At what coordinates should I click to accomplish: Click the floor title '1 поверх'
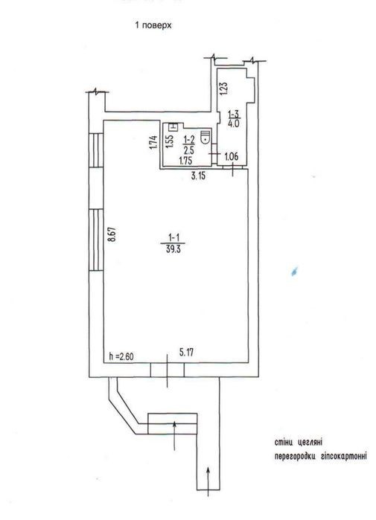[153, 25]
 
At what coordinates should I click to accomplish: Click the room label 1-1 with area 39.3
[174, 243]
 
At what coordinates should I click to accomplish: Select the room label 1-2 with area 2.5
[189, 144]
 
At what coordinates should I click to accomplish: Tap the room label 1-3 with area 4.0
[234, 119]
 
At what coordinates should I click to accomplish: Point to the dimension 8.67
[113, 235]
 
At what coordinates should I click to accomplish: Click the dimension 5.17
[186, 352]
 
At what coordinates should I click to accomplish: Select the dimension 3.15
[198, 176]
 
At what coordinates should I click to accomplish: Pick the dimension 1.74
[153, 142]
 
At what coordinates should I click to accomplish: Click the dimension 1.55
[169, 141]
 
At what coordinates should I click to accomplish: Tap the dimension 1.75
[185, 161]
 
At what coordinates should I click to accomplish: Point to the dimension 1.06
[231, 156]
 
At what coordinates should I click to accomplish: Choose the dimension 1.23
[224, 89]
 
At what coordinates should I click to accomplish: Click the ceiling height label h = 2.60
[121, 356]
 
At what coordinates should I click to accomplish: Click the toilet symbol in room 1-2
[206, 136]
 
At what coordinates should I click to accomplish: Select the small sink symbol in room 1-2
[173, 126]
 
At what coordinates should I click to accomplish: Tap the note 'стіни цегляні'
[299, 442]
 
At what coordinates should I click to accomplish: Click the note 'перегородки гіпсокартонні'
[321, 456]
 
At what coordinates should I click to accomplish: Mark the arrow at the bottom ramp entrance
[208, 481]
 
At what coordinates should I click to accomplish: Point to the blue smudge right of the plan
[294, 271]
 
